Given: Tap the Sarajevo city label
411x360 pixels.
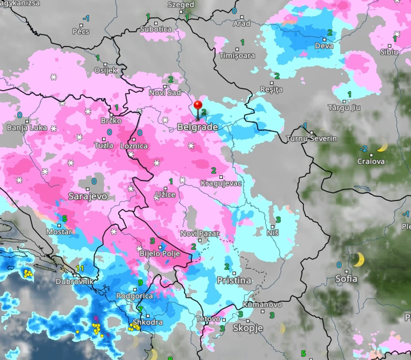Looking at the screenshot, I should click(x=87, y=196).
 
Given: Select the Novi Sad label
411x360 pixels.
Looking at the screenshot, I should click(x=165, y=93).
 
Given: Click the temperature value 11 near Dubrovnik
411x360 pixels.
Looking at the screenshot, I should click(x=80, y=268).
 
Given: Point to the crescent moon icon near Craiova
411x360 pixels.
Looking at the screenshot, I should click(x=382, y=145).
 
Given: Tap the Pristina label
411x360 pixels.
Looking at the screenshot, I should click(x=234, y=280).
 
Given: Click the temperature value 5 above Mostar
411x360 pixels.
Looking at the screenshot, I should click(x=65, y=218).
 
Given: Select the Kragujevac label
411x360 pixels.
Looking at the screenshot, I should click(x=221, y=183).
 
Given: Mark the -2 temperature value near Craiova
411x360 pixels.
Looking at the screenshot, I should click(x=363, y=149).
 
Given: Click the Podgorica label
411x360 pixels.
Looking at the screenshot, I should click(x=135, y=296).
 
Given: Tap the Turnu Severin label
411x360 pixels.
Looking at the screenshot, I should click(x=311, y=139).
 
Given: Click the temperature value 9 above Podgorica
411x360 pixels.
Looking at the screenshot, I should click(x=140, y=283).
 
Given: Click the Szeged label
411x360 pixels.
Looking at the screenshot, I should click(x=181, y=5).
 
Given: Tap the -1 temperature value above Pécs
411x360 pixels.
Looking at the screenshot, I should click(x=86, y=18).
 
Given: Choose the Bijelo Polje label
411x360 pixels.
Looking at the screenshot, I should click(x=160, y=253).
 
